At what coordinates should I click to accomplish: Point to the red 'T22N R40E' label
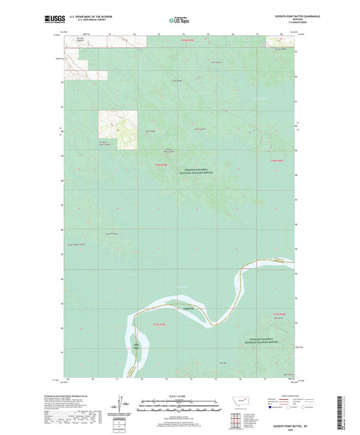pos(284,315)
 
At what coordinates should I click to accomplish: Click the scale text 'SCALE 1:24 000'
pos(180,395)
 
